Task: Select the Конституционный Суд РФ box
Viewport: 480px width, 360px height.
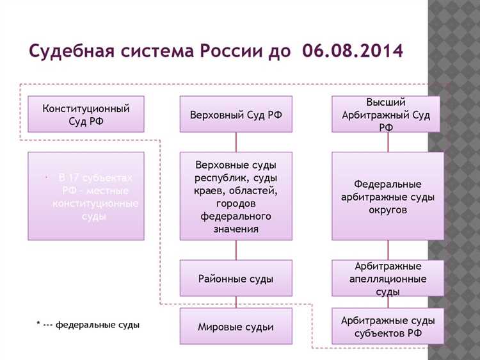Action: (x=86, y=114)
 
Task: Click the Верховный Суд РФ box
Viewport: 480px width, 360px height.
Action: (x=236, y=115)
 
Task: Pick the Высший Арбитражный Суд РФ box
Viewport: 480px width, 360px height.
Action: (x=386, y=114)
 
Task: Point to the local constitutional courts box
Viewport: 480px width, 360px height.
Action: (x=86, y=195)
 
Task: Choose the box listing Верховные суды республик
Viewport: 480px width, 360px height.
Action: (x=236, y=195)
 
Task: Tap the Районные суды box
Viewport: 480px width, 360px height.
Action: (x=236, y=278)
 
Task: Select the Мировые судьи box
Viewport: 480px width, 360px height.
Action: (x=236, y=327)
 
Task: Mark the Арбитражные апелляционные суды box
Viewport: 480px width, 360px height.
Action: (x=386, y=278)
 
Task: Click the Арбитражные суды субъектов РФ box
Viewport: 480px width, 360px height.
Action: (x=386, y=327)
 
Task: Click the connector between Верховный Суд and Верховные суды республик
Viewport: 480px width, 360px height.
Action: (x=236, y=142)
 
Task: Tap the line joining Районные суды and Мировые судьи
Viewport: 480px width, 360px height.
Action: (x=236, y=302)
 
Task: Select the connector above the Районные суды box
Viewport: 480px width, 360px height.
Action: (x=236, y=250)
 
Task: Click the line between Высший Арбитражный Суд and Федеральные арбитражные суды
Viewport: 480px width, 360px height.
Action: (x=388, y=142)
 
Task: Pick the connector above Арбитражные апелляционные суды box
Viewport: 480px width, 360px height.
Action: (x=388, y=250)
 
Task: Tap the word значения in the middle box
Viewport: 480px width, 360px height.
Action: (x=237, y=229)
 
